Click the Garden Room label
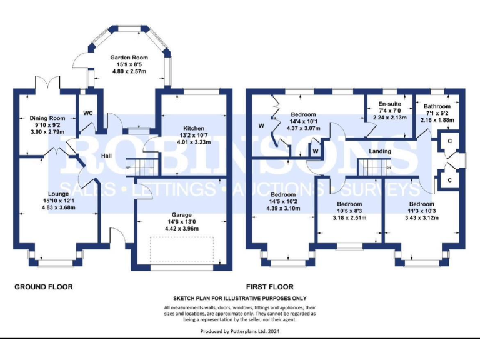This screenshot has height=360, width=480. (x=120, y=56)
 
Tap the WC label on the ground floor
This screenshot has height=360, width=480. (x=87, y=113)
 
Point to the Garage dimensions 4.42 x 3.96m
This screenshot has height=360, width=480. (x=182, y=229)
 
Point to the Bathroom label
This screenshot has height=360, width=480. (x=436, y=106)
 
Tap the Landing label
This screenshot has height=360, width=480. (x=380, y=151)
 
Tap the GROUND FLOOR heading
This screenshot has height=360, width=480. (x=44, y=287)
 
